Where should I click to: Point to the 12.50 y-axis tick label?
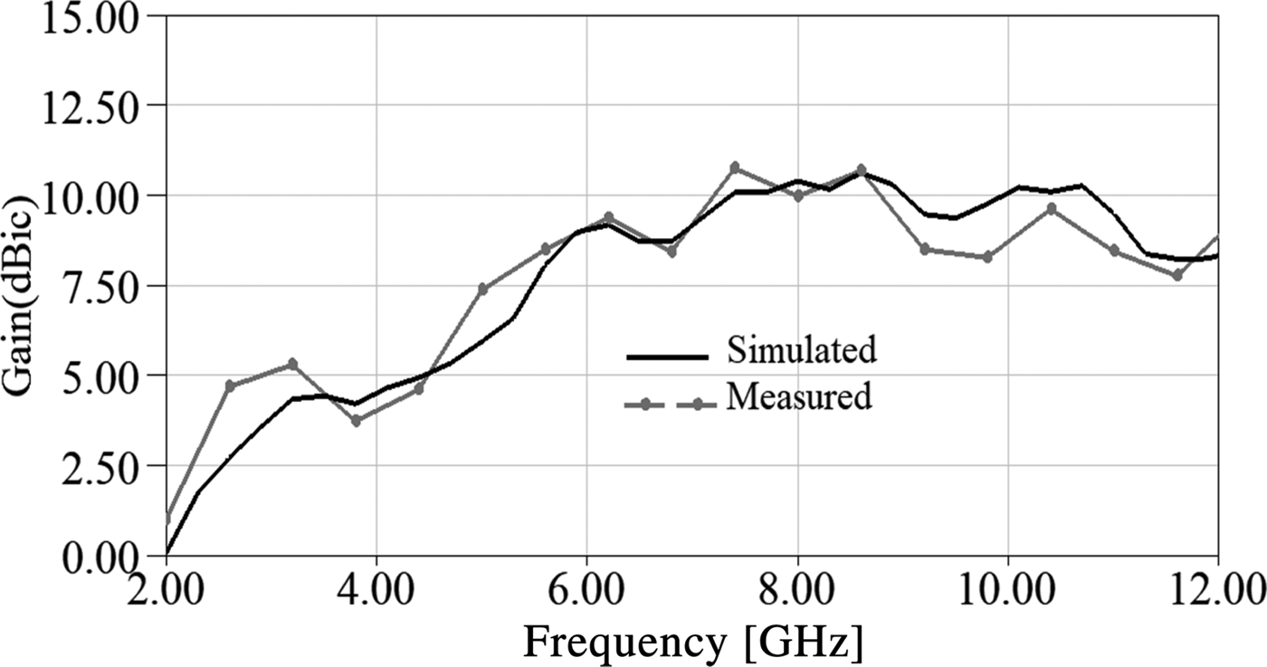pos(88,107)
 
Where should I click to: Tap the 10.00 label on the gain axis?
pos(88,196)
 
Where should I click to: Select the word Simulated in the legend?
pos(801,350)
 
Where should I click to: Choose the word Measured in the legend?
pos(798,396)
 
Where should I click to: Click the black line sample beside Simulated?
pos(667,357)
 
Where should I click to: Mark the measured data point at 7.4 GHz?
pos(734,167)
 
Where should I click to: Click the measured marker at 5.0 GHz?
pos(482,290)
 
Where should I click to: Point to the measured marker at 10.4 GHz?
pos(1051,208)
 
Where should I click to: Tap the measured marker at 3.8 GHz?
pos(356,421)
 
